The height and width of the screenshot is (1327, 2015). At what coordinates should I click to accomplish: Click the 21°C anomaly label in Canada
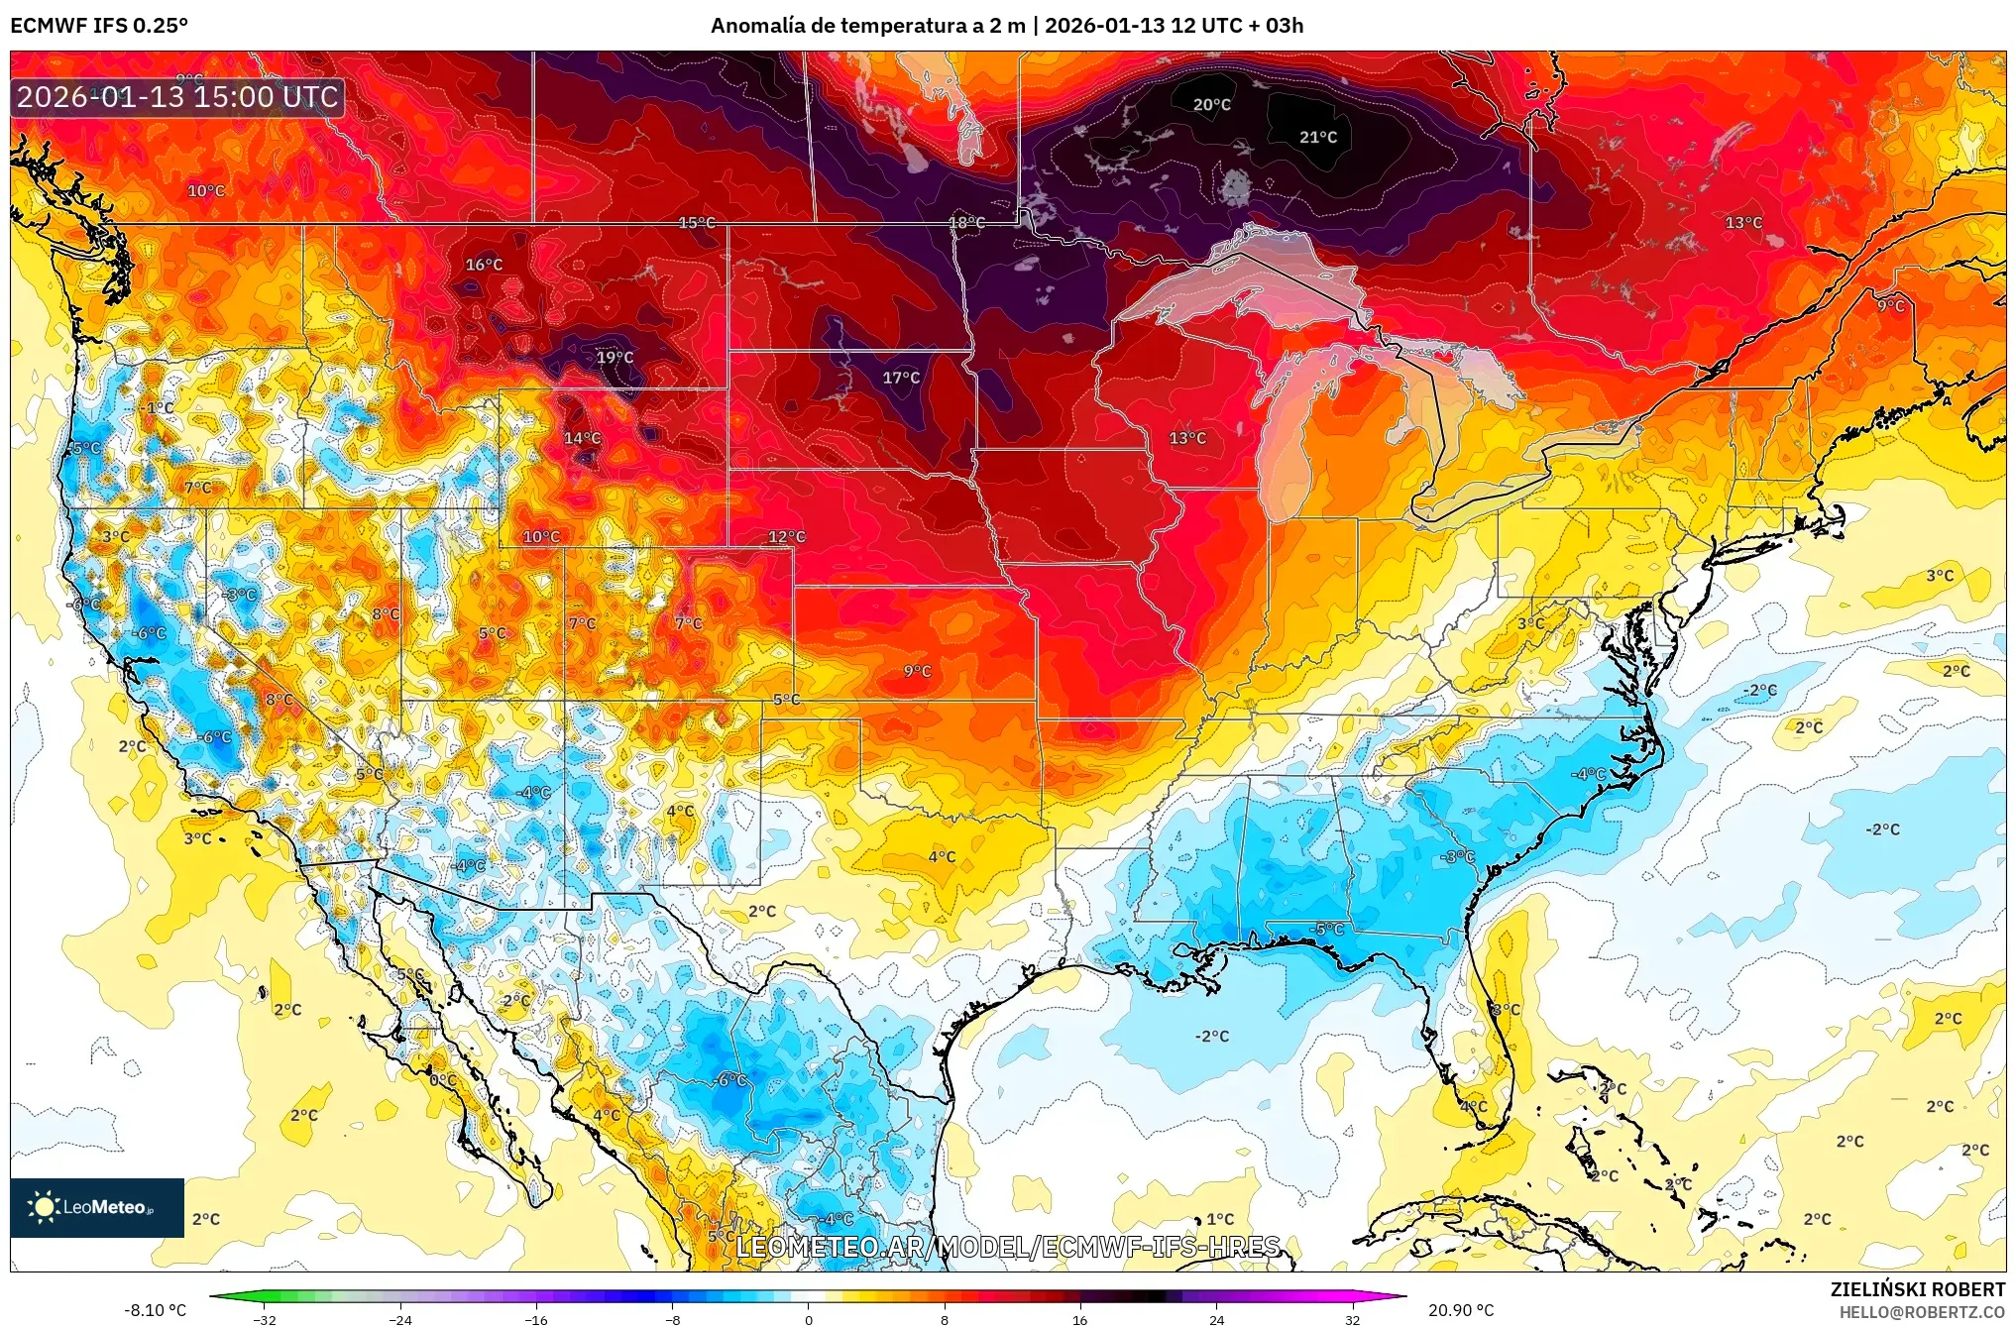point(1317,137)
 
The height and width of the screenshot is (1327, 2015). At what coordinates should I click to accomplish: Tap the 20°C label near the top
point(1211,104)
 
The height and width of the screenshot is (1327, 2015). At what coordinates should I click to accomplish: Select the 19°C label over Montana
point(615,357)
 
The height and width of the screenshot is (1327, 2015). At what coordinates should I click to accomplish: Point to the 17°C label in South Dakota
point(901,378)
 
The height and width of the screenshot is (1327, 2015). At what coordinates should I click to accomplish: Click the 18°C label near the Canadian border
point(966,222)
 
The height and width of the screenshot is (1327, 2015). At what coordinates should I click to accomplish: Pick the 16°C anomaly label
point(484,265)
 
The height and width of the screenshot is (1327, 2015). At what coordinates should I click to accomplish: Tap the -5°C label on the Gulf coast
point(1327,929)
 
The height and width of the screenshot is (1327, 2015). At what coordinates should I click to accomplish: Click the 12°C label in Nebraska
point(786,537)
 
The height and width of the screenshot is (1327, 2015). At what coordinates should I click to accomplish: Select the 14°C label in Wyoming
point(582,438)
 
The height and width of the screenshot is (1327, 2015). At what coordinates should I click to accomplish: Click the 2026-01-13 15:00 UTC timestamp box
point(178,97)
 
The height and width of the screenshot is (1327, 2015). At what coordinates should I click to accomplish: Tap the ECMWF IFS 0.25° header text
point(99,25)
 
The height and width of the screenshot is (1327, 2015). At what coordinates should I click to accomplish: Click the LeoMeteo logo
point(97,1207)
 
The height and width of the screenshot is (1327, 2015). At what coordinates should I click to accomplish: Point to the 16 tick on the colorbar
point(1079,1319)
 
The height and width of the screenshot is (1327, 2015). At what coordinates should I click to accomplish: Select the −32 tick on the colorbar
point(265,1319)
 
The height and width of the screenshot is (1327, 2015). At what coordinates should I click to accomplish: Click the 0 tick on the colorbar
point(808,1319)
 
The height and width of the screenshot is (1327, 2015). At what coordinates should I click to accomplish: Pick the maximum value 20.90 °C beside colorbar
point(1460,1310)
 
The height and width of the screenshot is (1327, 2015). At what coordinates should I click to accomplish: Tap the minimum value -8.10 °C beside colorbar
point(155,1310)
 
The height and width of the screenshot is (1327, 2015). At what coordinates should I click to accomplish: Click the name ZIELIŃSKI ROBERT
point(1917,1289)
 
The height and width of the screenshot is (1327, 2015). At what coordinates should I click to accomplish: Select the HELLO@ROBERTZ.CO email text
point(1922,1312)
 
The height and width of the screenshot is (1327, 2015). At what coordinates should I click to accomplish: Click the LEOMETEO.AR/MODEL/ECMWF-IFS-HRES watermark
point(1008,1246)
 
